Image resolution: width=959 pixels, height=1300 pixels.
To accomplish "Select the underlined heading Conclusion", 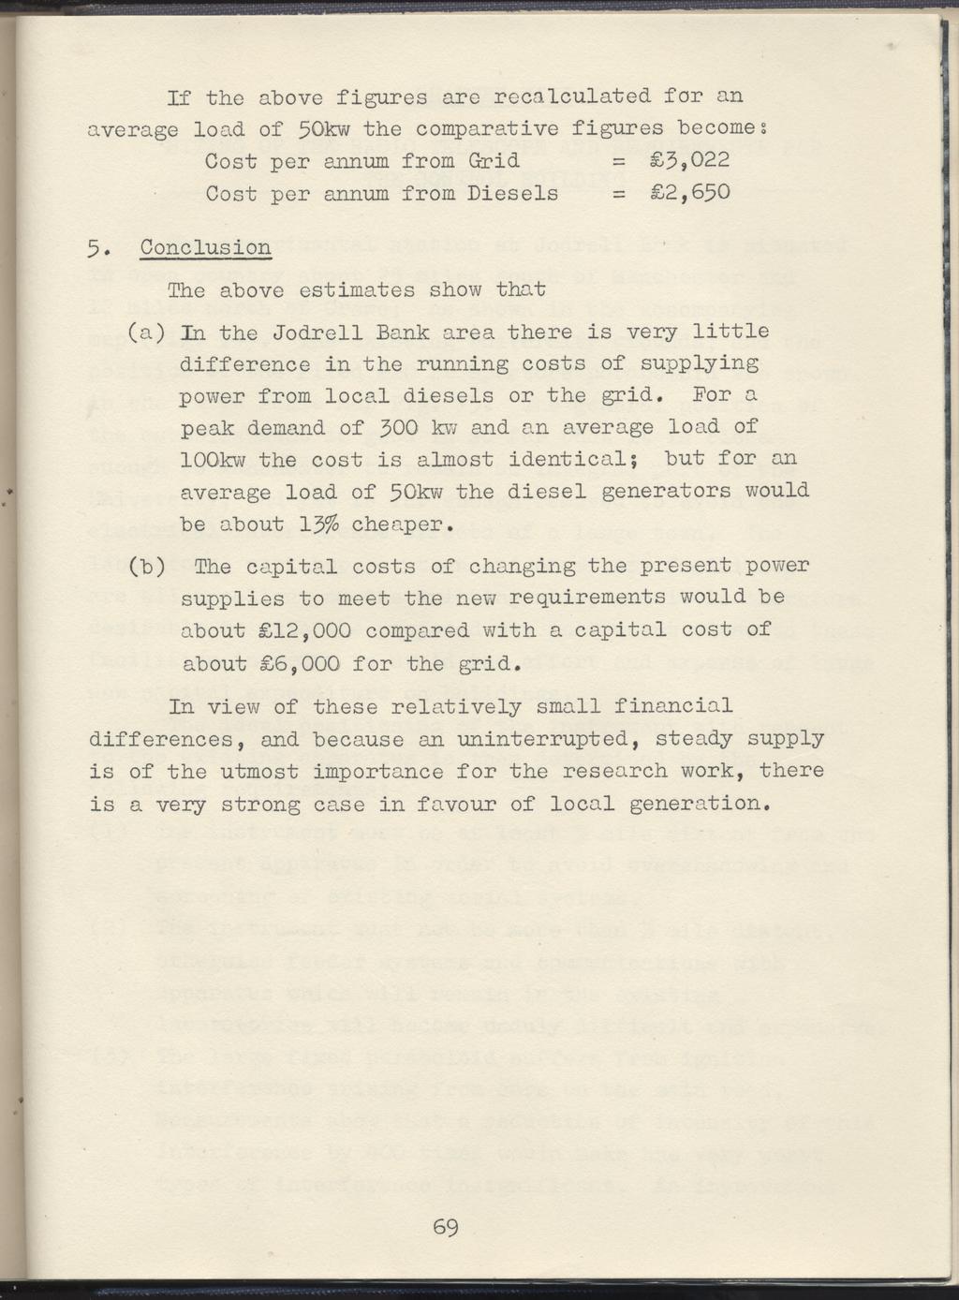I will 205,249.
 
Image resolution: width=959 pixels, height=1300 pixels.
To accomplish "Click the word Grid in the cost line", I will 492,161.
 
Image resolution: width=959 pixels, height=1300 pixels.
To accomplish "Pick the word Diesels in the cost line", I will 512,194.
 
